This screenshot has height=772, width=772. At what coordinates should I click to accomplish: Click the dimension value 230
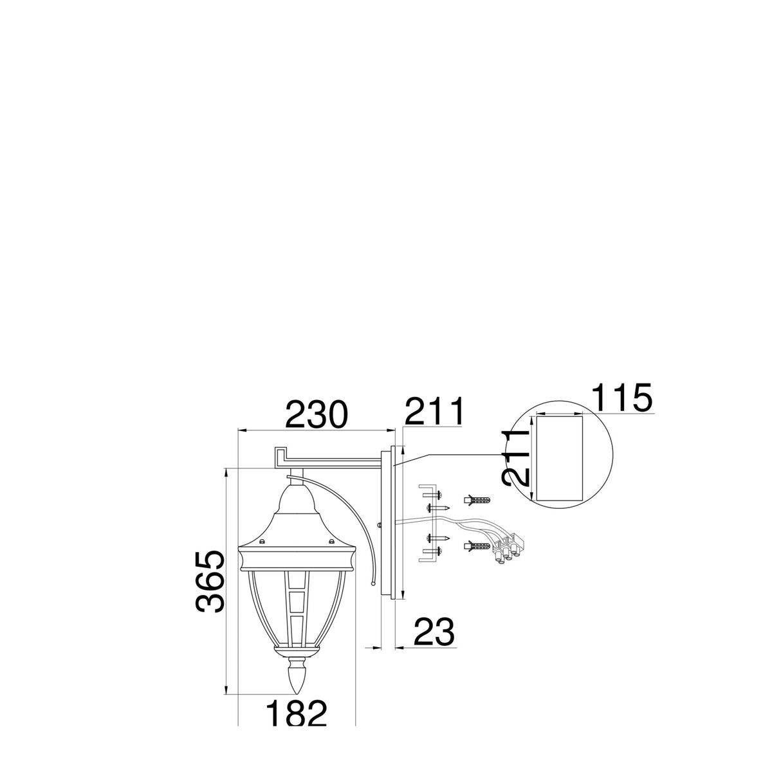[315, 414]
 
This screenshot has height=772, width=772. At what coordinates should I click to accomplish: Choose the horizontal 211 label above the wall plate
[434, 410]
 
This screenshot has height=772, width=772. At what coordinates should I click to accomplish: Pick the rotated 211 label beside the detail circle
[516, 458]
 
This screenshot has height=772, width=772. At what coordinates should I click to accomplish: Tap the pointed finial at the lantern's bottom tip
[297, 681]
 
